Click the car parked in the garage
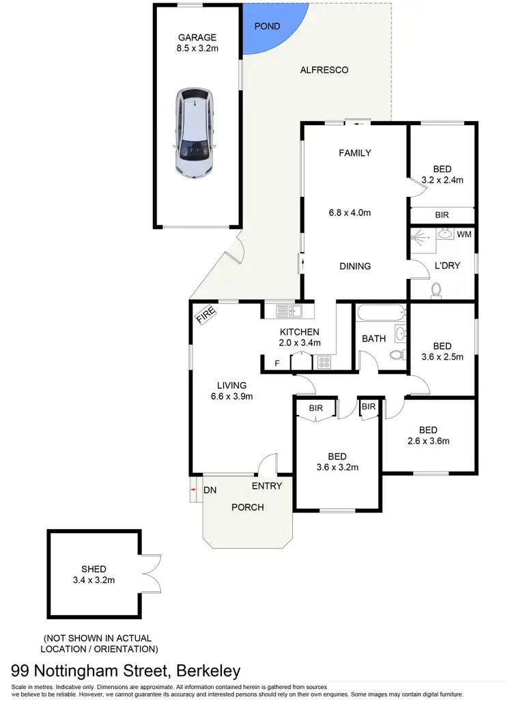[196, 133]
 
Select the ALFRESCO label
[324, 70]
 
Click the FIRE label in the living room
[206, 315]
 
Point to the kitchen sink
[289, 312]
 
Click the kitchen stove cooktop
[323, 362]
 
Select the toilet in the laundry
[438, 291]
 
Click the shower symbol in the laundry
[421, 240]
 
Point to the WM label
[464, 235]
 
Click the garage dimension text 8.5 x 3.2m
[197, 49]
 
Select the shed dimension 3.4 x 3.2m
[94, 580]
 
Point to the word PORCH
[247, 507]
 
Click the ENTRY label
[267, 486]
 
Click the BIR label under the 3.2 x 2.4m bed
[442, 215]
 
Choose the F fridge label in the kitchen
[276, 363]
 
